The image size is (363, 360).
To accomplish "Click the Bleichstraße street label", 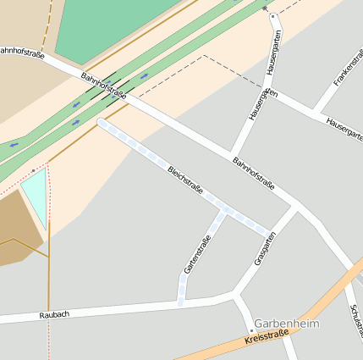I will (185, 181).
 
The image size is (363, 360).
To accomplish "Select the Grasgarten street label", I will (266, 250).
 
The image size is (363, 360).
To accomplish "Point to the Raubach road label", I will (54, 314).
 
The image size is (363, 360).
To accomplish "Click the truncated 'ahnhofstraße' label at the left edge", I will (22, 52).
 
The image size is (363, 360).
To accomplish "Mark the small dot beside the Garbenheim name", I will (251, 330).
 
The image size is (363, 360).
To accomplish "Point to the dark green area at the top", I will (110, 25).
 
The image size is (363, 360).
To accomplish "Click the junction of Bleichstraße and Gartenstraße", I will (223, 210).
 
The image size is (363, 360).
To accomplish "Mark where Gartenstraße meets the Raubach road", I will (181, 302).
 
